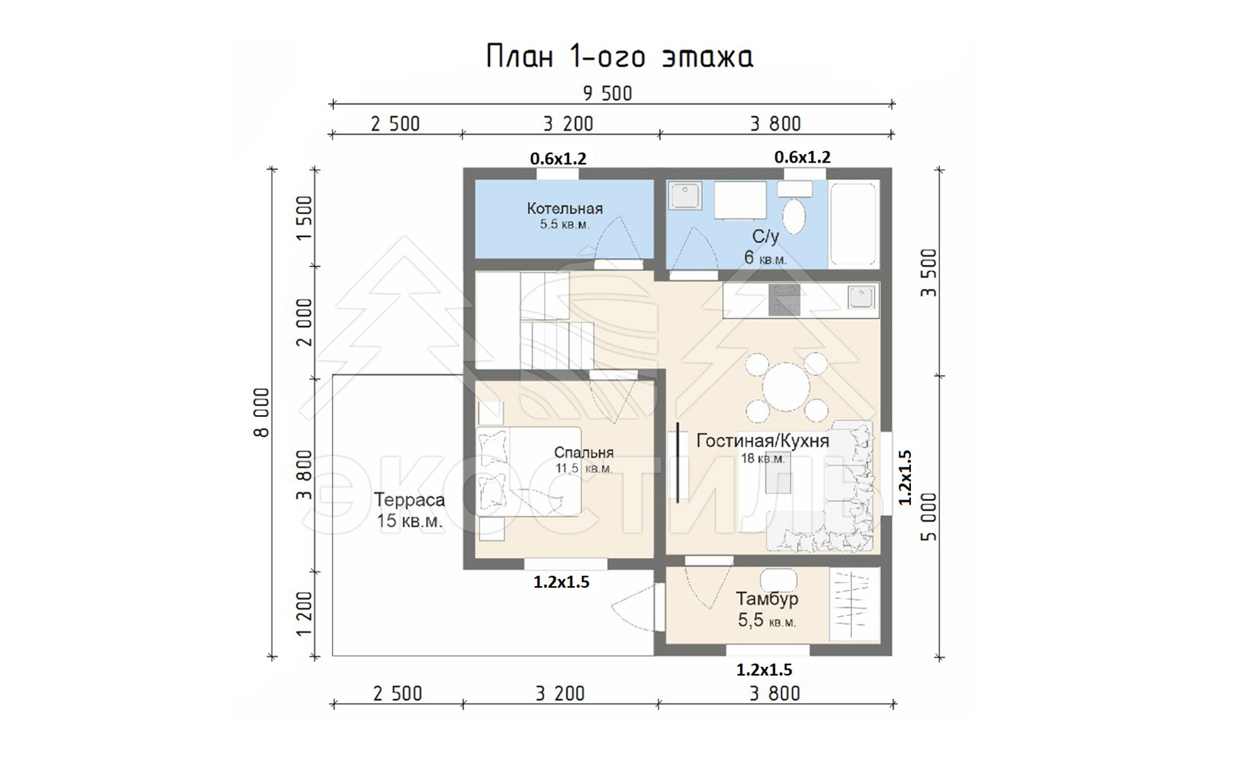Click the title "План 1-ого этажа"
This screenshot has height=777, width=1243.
pos(620,57)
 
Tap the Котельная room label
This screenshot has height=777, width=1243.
pos(565,208)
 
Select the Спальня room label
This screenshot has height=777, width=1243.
pos(583,453)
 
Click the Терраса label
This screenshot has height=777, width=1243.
pos(409,500)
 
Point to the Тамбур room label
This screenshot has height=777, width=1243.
pos(767,599)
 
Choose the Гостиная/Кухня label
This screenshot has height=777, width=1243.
pos(763,441)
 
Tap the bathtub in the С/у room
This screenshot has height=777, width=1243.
pos(854,223)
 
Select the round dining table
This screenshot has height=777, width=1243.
pos(786,387)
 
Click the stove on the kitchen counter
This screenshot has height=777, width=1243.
pos(784,300)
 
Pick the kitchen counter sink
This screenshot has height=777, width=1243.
pos(861,297)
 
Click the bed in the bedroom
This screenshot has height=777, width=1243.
pos(528,471)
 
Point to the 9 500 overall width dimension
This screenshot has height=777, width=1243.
pos(607,94)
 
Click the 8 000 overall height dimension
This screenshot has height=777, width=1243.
pos(262,413)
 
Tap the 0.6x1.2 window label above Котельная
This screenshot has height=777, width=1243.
pos(558,159)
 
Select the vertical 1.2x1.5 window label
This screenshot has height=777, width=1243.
pos(905,477)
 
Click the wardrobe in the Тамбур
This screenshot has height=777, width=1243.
pos(855,605)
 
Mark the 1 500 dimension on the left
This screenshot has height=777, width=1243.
pos(304,218)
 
